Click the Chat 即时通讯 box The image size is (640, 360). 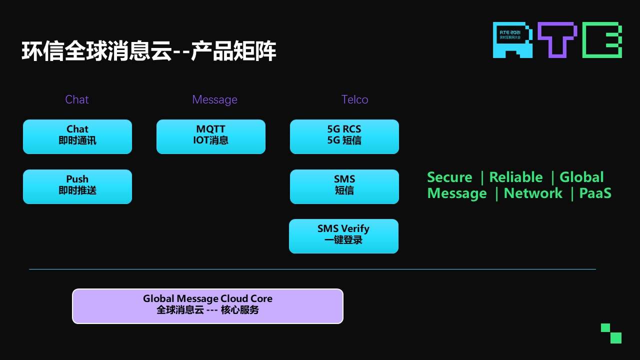(77, 136)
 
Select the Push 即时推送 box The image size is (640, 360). (77, 186)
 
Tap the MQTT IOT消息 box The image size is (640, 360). (211, 136)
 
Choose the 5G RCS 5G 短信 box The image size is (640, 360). (344, 136)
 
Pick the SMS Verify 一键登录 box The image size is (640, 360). (343, 236)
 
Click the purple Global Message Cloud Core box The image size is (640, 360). (207, 306)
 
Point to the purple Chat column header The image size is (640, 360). (77, 99)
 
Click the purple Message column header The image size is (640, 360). (214, 99)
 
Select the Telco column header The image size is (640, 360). (355, 99)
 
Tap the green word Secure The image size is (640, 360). (449, 177)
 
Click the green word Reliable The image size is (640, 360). (516, 177)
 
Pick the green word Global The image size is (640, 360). (581, 177)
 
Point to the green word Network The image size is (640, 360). (533, 193)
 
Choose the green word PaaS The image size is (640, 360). (595, 193)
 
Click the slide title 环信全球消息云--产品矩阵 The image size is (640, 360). (149, 51)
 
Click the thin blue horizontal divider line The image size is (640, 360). (312, 269)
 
